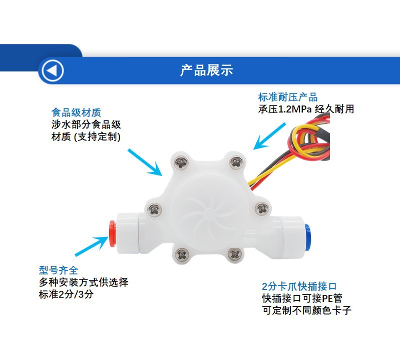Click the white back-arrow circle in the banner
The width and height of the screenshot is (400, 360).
(x=53, y=70)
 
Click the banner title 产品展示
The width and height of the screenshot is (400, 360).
(x=206, y=70)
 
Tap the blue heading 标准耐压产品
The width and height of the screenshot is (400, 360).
(x=287, y=97)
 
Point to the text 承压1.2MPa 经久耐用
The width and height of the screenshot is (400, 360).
(x=306, y=108)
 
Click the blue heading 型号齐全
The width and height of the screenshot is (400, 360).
(x=59, y=270)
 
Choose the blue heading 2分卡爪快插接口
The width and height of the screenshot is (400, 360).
(x=299, y=286)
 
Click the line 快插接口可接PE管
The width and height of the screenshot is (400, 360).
(x=302, y=298)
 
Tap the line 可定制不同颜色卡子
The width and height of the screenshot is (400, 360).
(x=306, y=310)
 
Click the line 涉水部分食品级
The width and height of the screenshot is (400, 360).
(x=86, y=124)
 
